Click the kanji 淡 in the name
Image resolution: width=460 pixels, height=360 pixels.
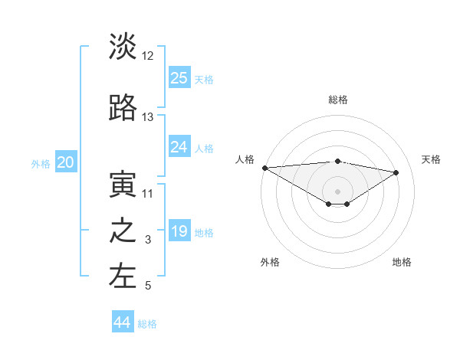pyautogui.click(x=123, y=47)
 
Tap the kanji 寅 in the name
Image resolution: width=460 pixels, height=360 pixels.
pyautogui.click(x=123, y=185)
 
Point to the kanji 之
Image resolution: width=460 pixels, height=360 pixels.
pyautogui.click(x=123, y=231)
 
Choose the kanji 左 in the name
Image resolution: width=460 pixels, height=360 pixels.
pyautogui.click(x=123, y=277)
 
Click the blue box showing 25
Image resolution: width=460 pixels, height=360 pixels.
pyautogui.click(x=179, y=77)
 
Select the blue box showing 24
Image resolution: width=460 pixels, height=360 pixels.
pyautogui.click(x=179, y=147)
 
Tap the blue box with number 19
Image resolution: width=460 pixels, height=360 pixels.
pyautogui.click(x=179, y=231)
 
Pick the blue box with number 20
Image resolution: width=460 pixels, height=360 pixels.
pyautogui.click(x=66, y=162)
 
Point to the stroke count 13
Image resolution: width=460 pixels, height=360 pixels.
pyautogui.click(x=148, y=117)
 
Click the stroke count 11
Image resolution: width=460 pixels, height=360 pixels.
pyautogui.click(x=148, y=194)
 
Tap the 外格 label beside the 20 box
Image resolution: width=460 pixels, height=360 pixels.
pyautogui.click(x=41, y=163)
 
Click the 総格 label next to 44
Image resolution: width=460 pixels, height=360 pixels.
pyautogui.click(x=147, y=324)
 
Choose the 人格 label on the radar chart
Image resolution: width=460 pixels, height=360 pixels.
pyautogui.click(x=245, y=159)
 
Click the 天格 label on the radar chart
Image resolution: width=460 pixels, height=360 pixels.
pyautogui.click(x=431, y=159)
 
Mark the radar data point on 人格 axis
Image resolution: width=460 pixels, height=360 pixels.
pyautogui.click(x=264, y=168)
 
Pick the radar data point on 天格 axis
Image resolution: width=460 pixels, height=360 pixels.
pyautogui.click(x=396, y=172)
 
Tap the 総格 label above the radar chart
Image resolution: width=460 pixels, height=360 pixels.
pyautogui.click(x=337, y=100)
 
